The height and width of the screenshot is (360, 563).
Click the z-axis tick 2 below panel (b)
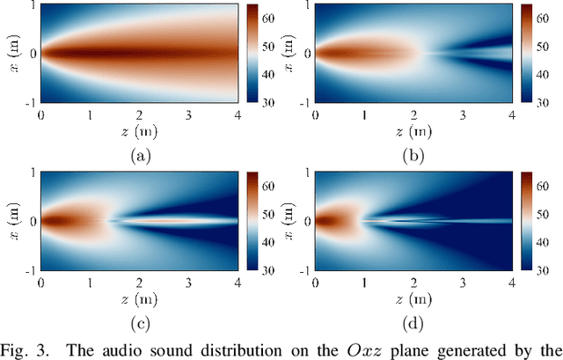(413, 114)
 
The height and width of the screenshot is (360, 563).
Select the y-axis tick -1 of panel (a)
(31, 102)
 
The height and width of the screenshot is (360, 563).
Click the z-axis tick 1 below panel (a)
(90, 114)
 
